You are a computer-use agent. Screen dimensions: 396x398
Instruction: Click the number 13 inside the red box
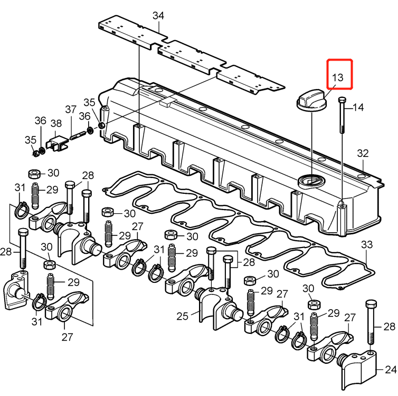[338, 77]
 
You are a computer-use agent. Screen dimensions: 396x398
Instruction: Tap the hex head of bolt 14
[342, 101]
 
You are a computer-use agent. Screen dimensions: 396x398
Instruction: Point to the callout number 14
[358, 108]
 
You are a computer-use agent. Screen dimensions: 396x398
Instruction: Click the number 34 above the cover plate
[158, 16]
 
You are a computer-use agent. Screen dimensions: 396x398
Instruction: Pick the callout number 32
[363, 154]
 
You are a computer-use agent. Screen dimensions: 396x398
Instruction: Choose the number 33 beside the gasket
[367, 245]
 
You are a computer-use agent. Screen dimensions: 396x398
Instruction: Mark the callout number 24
[390, 370]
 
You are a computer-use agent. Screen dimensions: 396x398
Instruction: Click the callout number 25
[182, 316]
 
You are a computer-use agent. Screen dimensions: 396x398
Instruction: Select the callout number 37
[71, 110]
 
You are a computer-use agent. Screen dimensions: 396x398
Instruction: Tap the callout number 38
[56, 123]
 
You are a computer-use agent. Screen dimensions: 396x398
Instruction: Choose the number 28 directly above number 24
[390, 326]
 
